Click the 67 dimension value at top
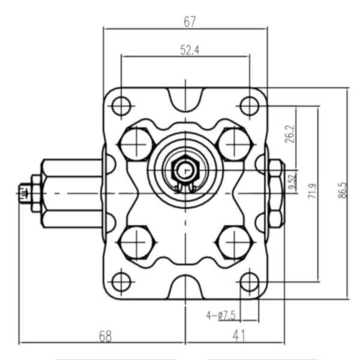point(190,22)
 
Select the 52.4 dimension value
point(190,50)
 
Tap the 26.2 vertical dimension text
point(290,134)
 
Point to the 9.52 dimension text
point(292,181)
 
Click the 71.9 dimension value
point(312,191)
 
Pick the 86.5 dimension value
point(342,190)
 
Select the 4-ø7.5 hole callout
point(221,315)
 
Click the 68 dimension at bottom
point(106,337)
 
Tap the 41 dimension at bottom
point(239,336)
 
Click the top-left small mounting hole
point(121,106)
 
